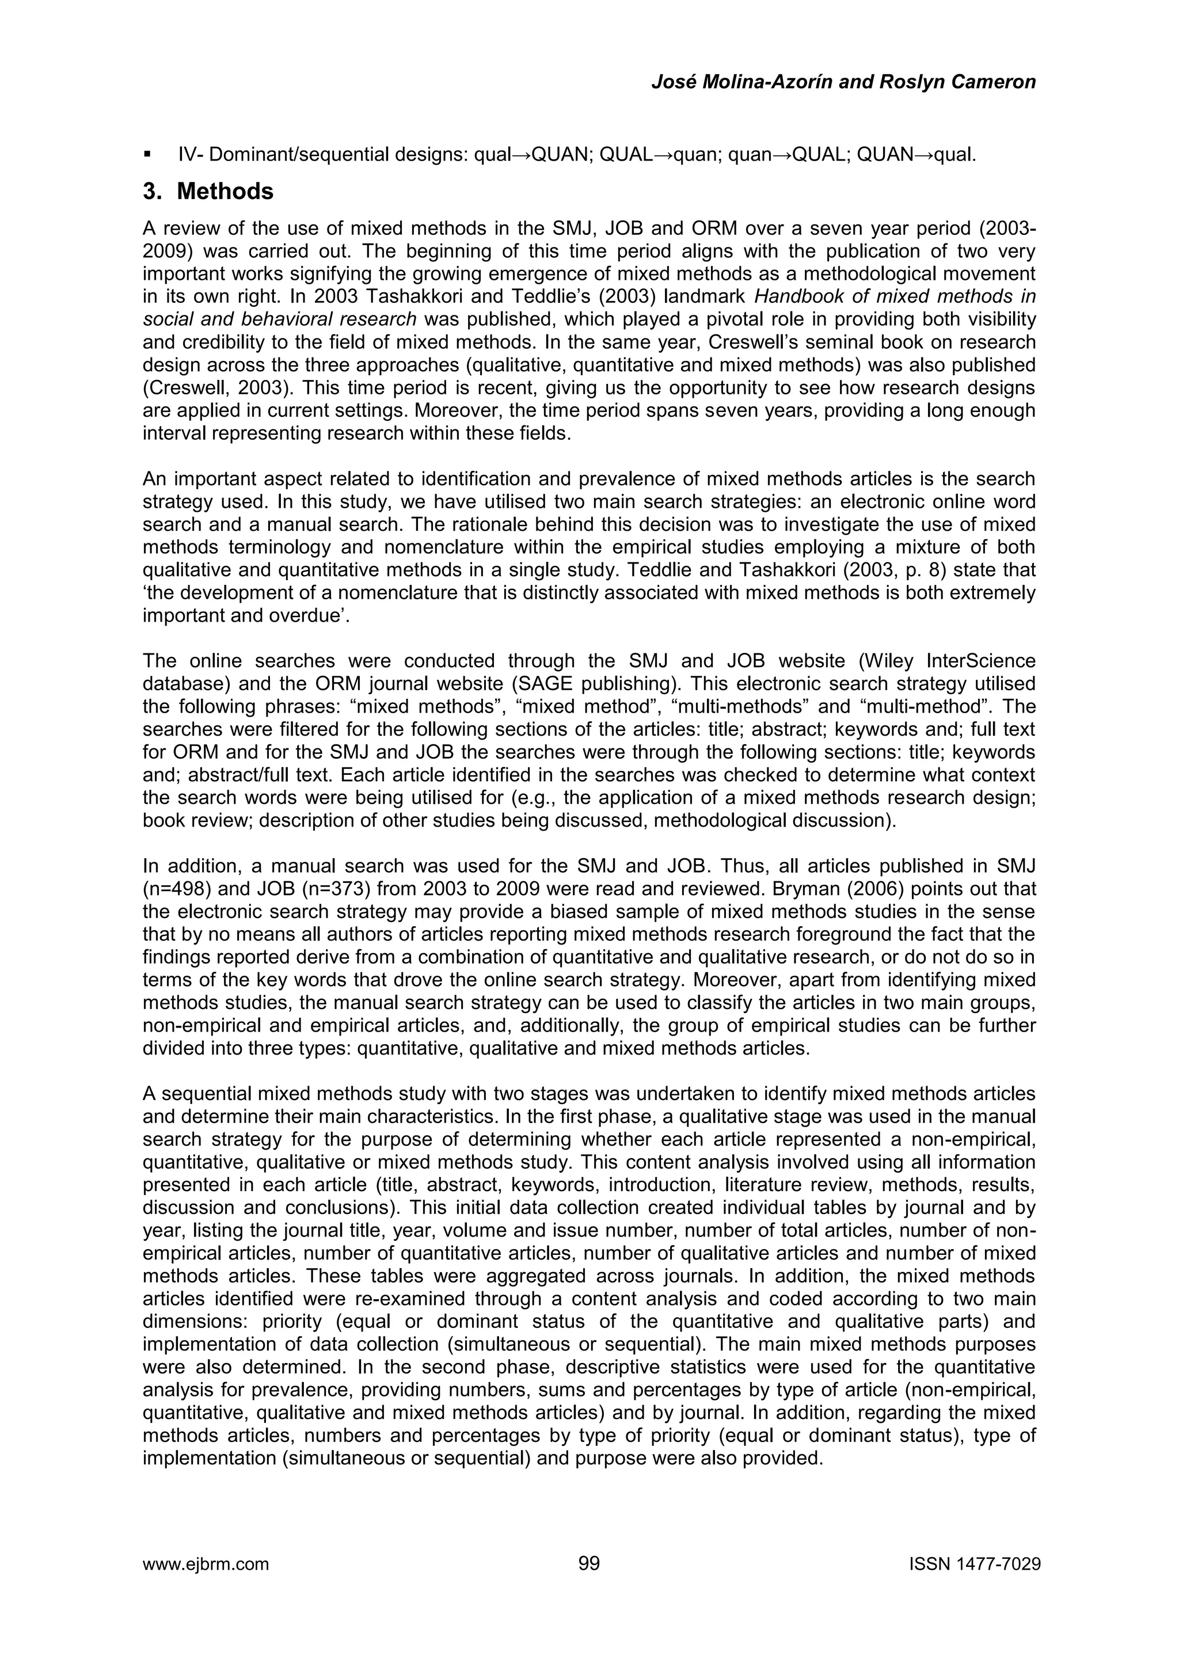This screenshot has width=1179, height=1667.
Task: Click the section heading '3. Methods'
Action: coord(208,192)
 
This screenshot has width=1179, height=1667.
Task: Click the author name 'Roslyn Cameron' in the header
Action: coord(957,82)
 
